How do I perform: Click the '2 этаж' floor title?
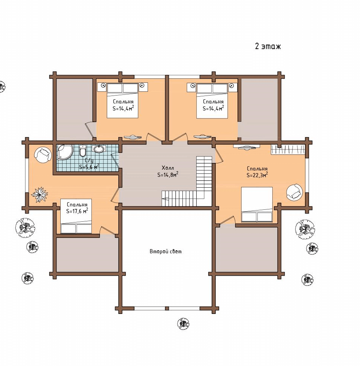point(268,46)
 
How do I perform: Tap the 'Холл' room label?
point(167,168)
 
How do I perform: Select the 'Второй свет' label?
point(165,251)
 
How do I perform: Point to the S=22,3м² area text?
point(257,175)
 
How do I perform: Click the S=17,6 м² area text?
point(77,211)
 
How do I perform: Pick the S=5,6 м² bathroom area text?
point(89,167)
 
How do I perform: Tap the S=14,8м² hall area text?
point(168,175)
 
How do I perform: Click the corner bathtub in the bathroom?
point(65,152)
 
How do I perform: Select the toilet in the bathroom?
point(83,151)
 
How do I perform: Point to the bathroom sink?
point(99,148)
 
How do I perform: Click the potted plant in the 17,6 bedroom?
point(40,194)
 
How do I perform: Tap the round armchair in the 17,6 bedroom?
point(43,154)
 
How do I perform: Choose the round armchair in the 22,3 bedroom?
point(294,192)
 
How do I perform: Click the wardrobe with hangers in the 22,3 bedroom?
point(288,149)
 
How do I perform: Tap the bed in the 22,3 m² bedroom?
point(257,205)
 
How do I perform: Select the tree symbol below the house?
point(183,324)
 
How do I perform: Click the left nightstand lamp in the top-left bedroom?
point(103,86)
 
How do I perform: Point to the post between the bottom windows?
point(167,308)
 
